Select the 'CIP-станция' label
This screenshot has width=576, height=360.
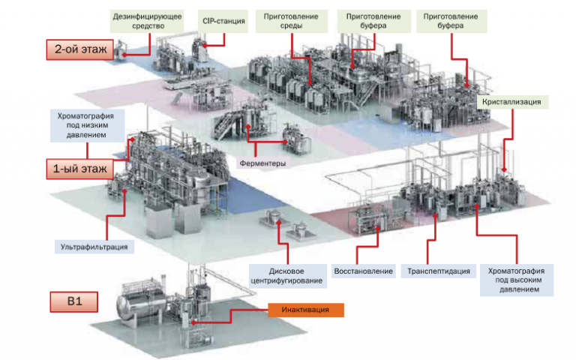223,20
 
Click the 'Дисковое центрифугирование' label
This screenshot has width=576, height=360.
286,275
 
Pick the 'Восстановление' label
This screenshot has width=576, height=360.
362,271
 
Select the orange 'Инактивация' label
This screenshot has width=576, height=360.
305,310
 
